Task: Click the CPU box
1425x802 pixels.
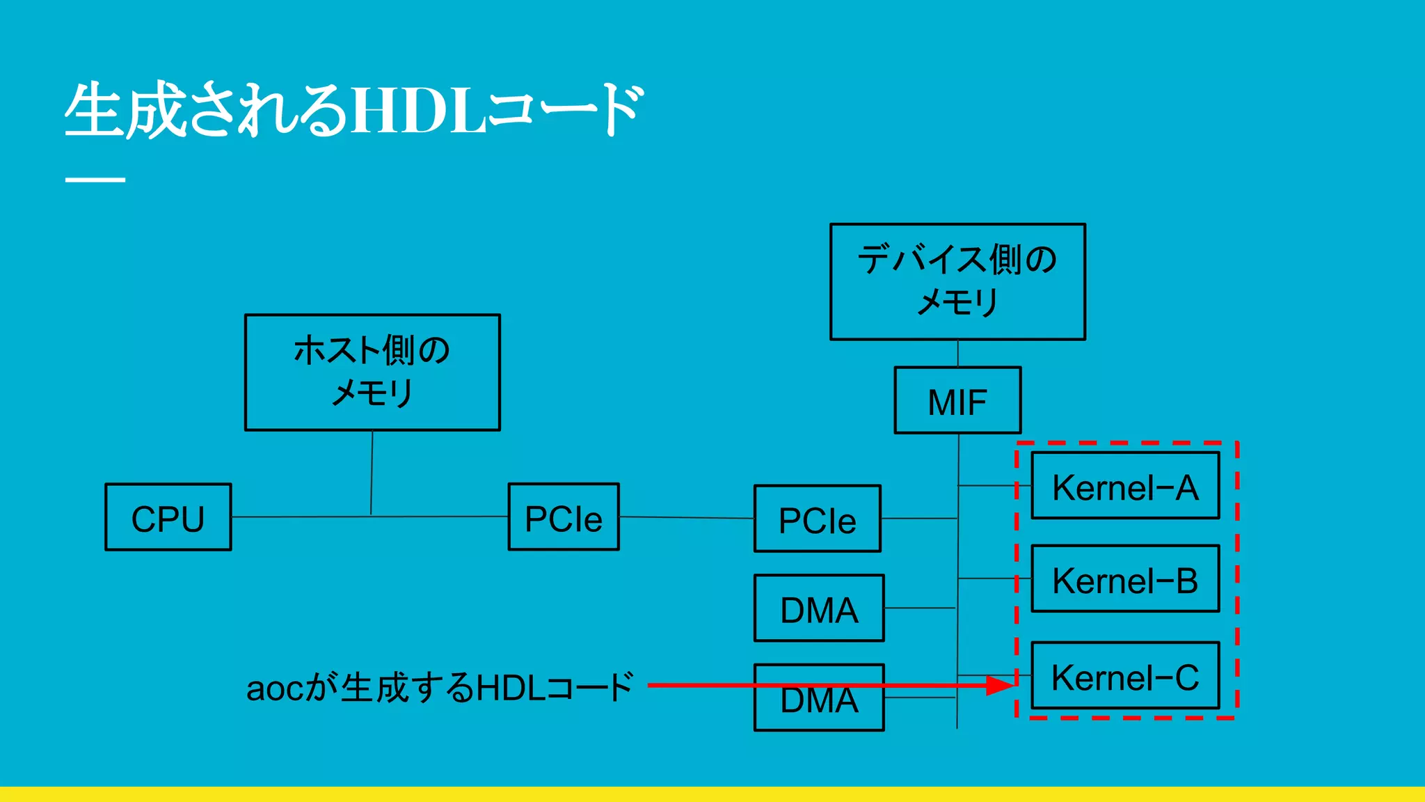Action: tap(168, 517)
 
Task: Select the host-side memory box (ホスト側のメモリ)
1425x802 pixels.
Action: tap(372, 372)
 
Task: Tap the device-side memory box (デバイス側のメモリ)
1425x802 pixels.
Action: tap(957, 281)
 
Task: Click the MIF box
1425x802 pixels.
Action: tap(957, 400)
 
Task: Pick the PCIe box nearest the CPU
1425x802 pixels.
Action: tap(564, 517)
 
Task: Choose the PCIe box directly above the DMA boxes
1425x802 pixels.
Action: tap(817, 519)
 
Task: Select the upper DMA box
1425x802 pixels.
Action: tap(819, 608)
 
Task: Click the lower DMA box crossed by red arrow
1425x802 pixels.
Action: tap(819, 707)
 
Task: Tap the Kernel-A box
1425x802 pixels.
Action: tap(1125, 486)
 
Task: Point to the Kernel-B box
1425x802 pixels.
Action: tap(1125, 579)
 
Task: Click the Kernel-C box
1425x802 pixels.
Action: tap(1125, 675)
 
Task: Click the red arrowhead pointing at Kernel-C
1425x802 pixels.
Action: tap(1001, 686)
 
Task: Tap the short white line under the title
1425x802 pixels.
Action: tap(95, 180)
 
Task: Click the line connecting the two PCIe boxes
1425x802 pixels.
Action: tap(686, 517)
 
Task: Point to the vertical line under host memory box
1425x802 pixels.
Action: tap(372, 473)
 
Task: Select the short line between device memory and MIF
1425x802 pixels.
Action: tap(958, 354)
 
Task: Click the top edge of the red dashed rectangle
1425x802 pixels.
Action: tap(1127, 442)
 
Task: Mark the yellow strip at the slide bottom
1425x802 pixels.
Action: tap(712, 794)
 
